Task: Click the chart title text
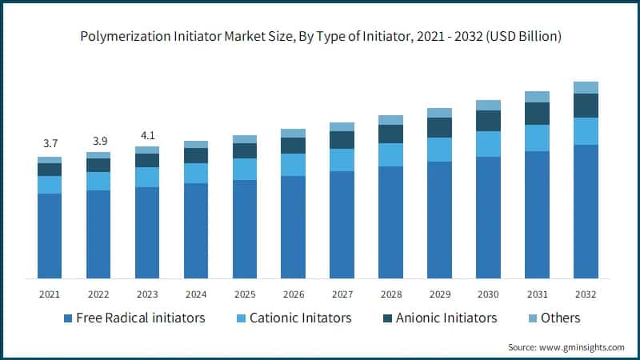[320, 36]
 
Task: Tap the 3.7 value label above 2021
[50, 143]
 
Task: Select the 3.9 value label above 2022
[98, 138]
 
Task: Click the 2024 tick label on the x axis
[196, 294]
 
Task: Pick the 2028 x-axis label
[390, 294]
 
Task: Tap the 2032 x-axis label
[586, 294]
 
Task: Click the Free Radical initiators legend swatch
[68, 318]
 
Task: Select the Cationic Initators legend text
[300, 318]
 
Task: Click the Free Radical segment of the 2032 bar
[586, 212]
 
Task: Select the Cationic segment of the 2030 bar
[488, 144]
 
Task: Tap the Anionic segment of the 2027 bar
[342, 140]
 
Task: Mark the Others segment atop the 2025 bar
[245, 139]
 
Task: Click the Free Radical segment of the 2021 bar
[50, 236]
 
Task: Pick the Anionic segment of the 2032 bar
[586, 106]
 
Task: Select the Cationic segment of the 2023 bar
[147, 177]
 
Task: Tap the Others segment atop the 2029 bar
[439, 113]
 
